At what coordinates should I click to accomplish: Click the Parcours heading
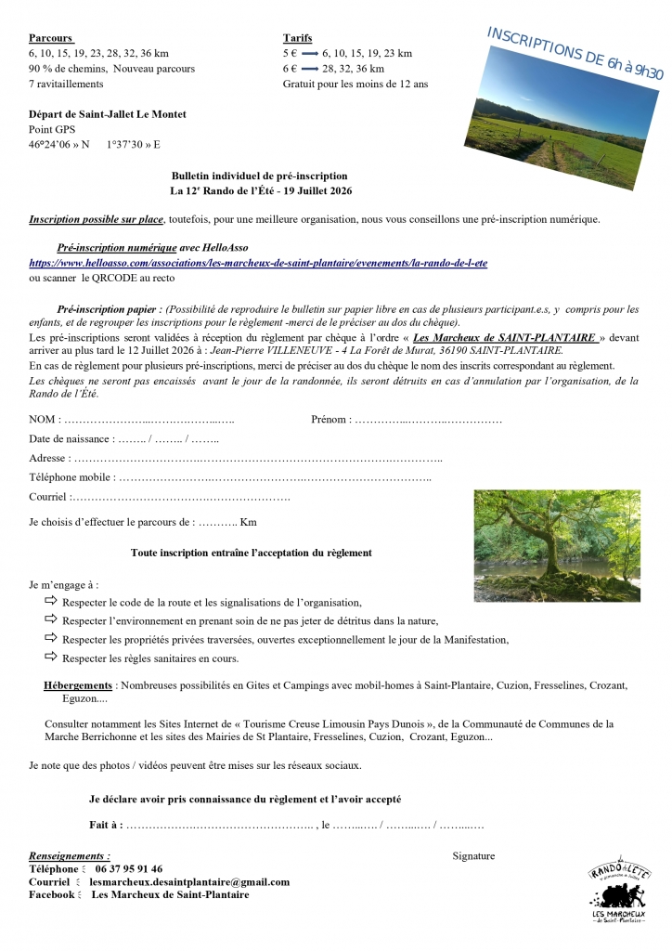pyautogui.click(x=50, y=38)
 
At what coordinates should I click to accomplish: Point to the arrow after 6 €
pyautogui.click(x=309, y=69)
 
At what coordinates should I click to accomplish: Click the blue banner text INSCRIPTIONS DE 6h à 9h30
pyautogui.click(x=575, y=54)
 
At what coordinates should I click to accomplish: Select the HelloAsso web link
pyautogui.click(x=258, y=263)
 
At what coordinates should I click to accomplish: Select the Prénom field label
pyautogui.click(x=330, y=420)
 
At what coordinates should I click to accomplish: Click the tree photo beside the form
pyautogui.click(x=557, y=545)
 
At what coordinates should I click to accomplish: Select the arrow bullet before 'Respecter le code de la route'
pyautogui.click(x=51, y=602)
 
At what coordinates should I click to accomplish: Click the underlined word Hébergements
pyautogui.click(x=78, y=685)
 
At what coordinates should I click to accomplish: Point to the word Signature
pyautogui.click(x=473, y=856)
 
